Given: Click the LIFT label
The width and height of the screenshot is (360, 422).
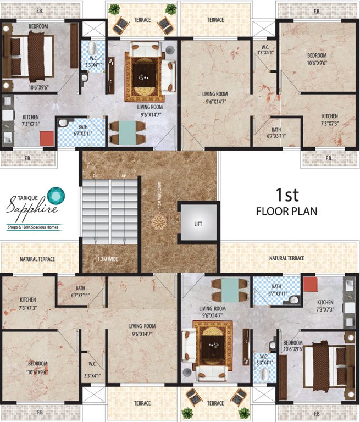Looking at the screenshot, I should pos(198,224).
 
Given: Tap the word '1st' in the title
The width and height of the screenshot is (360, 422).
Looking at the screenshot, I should pos(288,195).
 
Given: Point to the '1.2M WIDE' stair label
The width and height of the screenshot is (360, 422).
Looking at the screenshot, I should pos(108,259).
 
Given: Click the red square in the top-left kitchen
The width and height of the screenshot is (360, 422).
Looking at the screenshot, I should pos(46,137).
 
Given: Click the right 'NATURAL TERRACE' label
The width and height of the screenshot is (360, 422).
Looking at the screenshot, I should pos(286,258).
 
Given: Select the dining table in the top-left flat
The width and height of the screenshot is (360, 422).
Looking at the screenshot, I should pos(126,132).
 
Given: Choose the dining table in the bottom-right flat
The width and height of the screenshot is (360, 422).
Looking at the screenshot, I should pos(230,289).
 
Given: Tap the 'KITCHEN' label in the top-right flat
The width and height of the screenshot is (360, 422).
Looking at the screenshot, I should pos(329,116).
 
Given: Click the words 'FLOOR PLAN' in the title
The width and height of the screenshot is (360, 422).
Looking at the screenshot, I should pos(287,211).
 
